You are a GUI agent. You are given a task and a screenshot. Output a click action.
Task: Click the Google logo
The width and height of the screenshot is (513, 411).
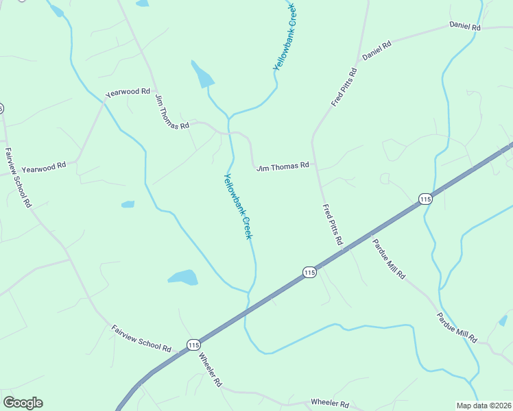(23, 403)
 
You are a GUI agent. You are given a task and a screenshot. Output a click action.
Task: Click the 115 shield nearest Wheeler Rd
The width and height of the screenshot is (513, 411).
(193, 345)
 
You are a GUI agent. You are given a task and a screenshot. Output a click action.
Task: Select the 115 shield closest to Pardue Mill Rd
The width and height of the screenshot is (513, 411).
(425, 199)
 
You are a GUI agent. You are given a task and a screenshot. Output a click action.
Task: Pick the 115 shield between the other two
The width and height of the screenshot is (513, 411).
(309, 273)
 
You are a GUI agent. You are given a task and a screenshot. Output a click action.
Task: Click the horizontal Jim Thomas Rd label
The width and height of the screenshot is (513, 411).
(283, 166)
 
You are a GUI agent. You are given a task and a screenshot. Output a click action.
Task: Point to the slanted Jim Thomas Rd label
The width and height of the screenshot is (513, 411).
(171, 112)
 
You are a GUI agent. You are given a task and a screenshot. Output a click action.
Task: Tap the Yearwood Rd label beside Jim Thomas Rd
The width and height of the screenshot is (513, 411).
(128, 91)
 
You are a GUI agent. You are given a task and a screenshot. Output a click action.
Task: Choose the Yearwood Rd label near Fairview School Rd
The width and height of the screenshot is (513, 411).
(44, 166)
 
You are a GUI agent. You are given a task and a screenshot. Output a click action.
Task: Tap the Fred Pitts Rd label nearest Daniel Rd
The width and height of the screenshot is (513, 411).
(344, 86)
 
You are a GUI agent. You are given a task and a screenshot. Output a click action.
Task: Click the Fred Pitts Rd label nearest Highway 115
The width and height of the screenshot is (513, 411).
(333, 225)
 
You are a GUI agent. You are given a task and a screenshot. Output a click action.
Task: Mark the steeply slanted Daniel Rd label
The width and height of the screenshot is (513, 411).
(377, 50)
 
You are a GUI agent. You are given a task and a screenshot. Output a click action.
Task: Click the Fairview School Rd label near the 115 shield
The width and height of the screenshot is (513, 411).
(141, 338)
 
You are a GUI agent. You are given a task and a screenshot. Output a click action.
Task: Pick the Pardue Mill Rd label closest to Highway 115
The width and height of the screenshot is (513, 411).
(389, 258)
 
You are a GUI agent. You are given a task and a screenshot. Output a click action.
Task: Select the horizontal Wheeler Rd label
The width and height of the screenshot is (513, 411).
(330, 404)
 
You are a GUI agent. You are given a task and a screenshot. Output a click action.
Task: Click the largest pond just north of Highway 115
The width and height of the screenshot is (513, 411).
(183, 277)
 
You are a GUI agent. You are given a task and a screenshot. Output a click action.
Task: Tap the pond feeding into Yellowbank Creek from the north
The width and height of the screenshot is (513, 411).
(203, 76)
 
